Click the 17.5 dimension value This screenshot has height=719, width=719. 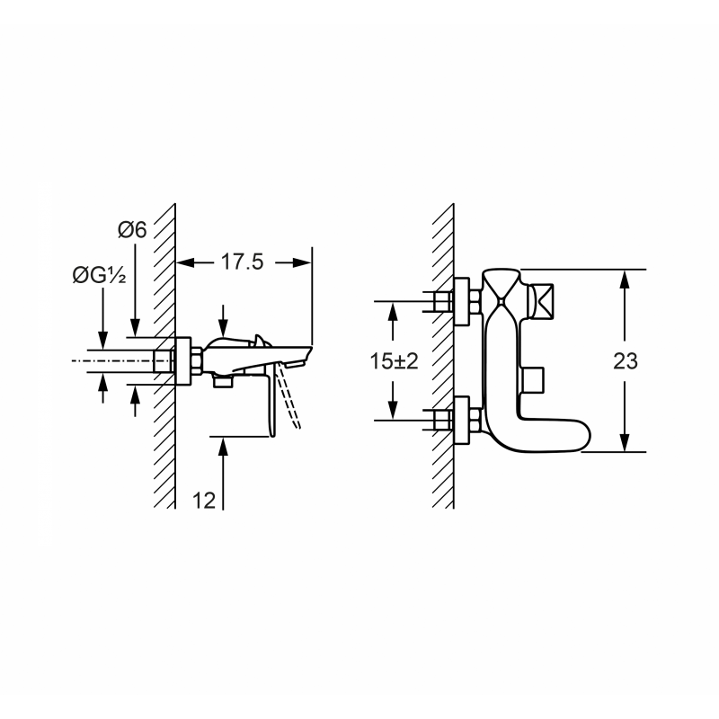pyautogui.click(x=242, y=262)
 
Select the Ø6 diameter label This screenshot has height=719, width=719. pyautogui.click(x=132, y=229)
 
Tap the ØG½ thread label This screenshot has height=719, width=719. pyautogui.click(x=99, y=275)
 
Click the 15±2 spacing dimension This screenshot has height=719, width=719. pyautogui.click(x=395, y=361)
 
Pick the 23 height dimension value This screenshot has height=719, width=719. pyautogui.click(x=626, y=361)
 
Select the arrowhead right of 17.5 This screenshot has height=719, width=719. pyautogui.click(x=302, y=262)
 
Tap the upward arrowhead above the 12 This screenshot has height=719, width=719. pyautogui.click(x=223, y=446)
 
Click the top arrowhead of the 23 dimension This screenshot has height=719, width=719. pyautogui.click(x=624, y=279)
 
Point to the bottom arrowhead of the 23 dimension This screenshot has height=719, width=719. pyautogui.click(x=624, y=442)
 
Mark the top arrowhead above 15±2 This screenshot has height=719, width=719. pyautogui.click(x=393, y=311)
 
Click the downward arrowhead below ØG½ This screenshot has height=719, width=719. pyautogui.click(x=103, y=340)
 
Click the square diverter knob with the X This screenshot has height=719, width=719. pyautogui.click(x=541, y=300)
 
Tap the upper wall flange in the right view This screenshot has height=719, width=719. pyautogui.click(x=462, y=302)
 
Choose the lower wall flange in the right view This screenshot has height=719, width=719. pyautogui.click(x=462, y=421)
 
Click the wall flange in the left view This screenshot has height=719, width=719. pyautogui.click(x=183, y=361)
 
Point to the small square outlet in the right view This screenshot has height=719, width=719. pyautogui.click(x=533, y=380)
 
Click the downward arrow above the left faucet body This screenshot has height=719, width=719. pyautogui.click(x=223, y=321)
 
